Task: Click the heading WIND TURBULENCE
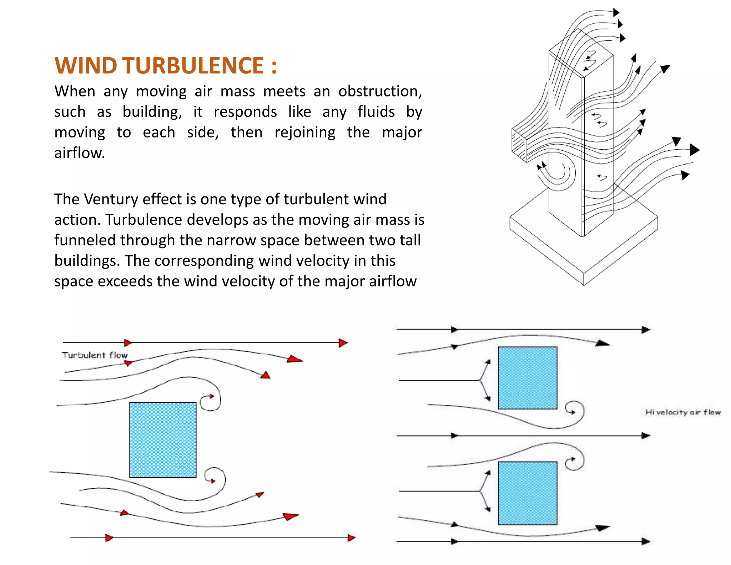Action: pos(165,66)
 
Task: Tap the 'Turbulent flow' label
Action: pos(95,355)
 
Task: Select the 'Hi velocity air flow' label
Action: pos(683,412)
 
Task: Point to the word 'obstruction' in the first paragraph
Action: pos(380,91)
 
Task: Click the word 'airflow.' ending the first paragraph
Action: pos(80,153)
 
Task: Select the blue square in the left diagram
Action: pos(163,440)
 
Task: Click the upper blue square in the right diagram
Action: pos(527,378)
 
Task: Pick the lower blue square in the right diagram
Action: pos(527,493)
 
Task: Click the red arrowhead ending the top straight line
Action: pos(343,343)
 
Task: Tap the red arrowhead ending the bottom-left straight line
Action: pos(352,537)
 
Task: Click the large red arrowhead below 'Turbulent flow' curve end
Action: pos(294,359)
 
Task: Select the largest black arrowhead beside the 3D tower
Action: pos(694,150)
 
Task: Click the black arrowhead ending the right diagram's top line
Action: pos(646,330)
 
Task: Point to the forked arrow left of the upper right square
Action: pos(482,381)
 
